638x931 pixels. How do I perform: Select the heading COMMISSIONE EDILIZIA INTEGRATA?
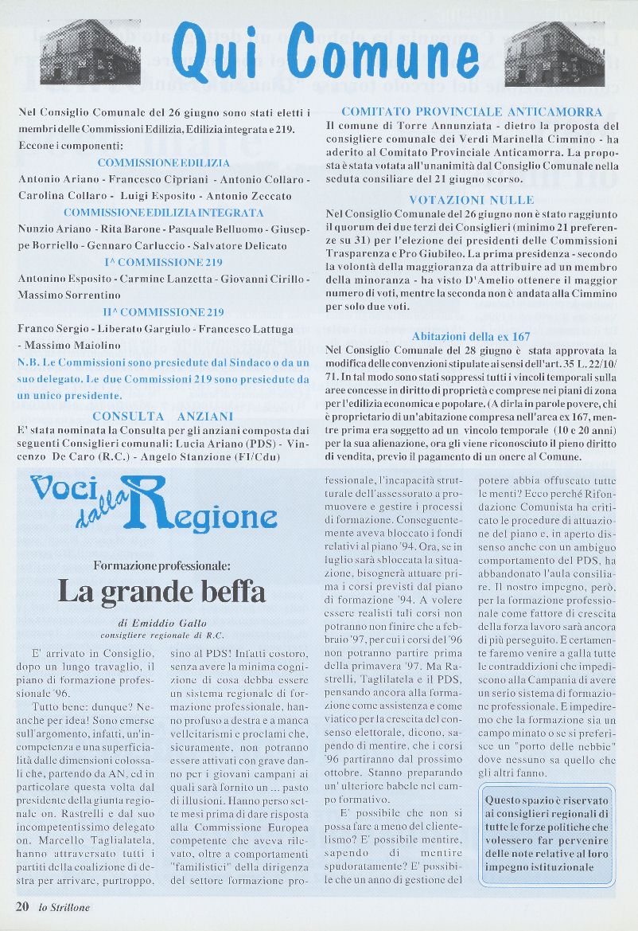[x=164, y=213]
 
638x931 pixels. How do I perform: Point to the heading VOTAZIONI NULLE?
[x=471, y=199]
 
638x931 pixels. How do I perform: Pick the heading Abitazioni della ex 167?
[x=472, y=337]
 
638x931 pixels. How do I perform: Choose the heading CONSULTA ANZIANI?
[x=163, y=416]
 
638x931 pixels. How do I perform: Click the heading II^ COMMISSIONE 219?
[x=163, y=312]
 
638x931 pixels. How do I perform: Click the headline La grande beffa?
[x=161, y=591]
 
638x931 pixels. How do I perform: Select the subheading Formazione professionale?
[x=161, y=565]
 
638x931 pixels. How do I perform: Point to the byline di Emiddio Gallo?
[x=161, y=624]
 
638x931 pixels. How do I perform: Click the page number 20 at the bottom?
[x=22, y=906]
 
